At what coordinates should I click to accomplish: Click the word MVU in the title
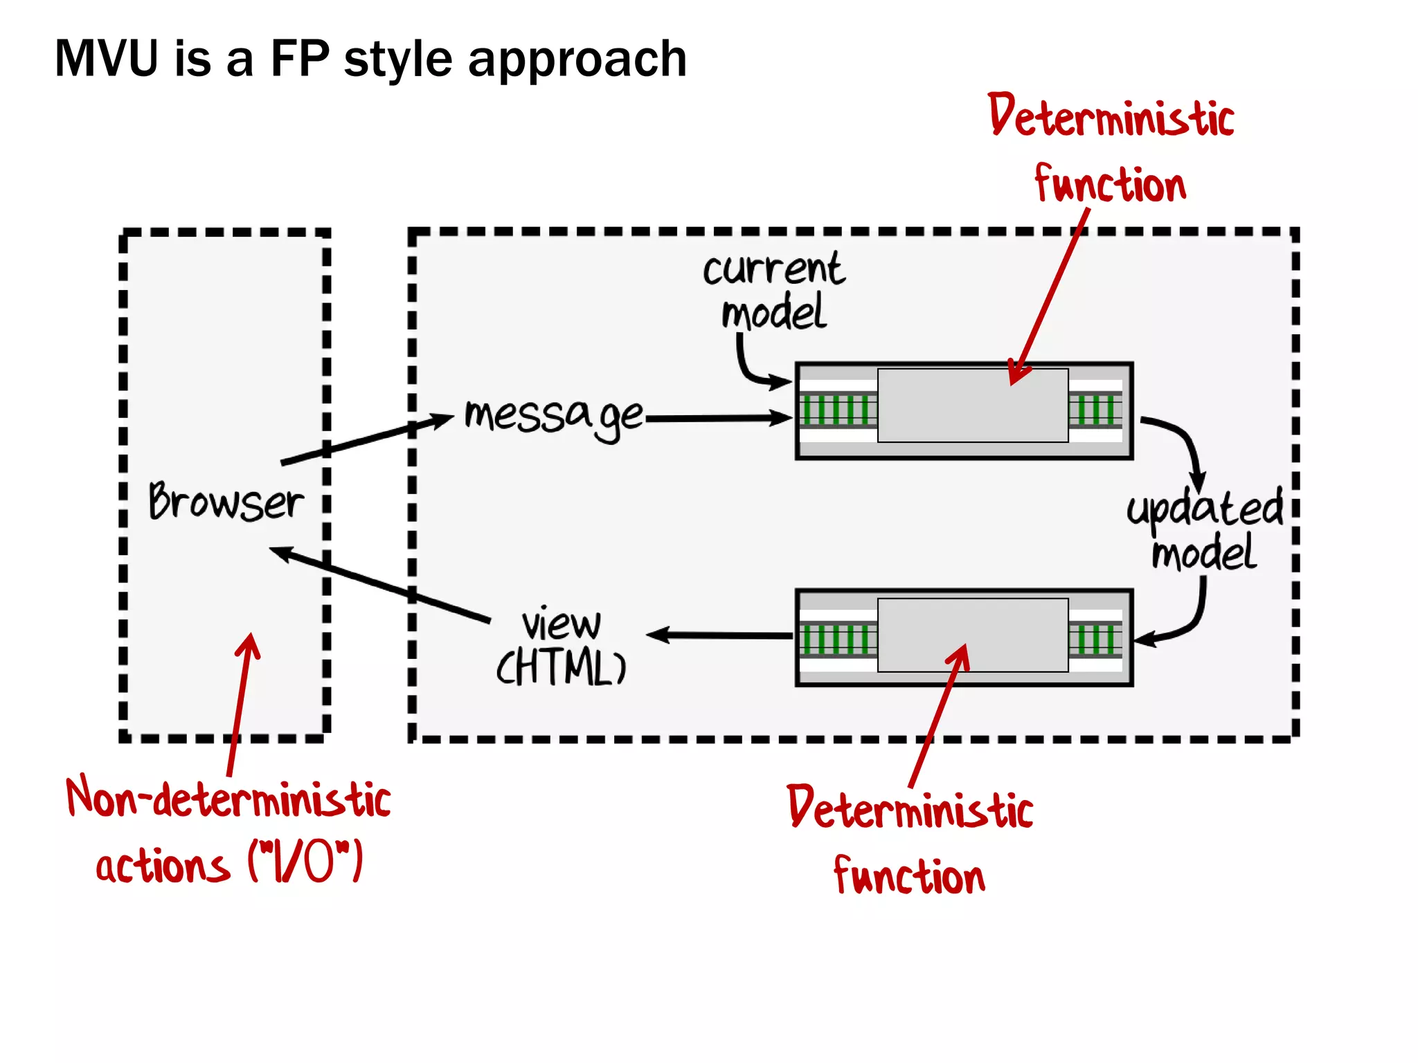click(107, 59)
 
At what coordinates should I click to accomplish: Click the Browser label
click(226, 501)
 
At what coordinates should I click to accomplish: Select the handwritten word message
click(554, 417)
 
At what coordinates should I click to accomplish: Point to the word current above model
click(773, 269)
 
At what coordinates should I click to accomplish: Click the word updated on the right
click(1205, 509)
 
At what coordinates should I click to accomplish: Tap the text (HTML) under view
click(562, 667)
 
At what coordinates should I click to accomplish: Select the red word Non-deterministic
click(228, 799)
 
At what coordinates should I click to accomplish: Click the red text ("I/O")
click(305, 862)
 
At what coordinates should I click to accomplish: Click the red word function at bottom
click(909, 876)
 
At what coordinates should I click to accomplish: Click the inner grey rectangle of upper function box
click(972, 406)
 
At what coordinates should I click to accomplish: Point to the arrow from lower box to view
click(720, 635)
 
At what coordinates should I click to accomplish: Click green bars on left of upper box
click(836, 410)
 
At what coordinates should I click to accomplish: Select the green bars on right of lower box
click(1095, 639)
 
